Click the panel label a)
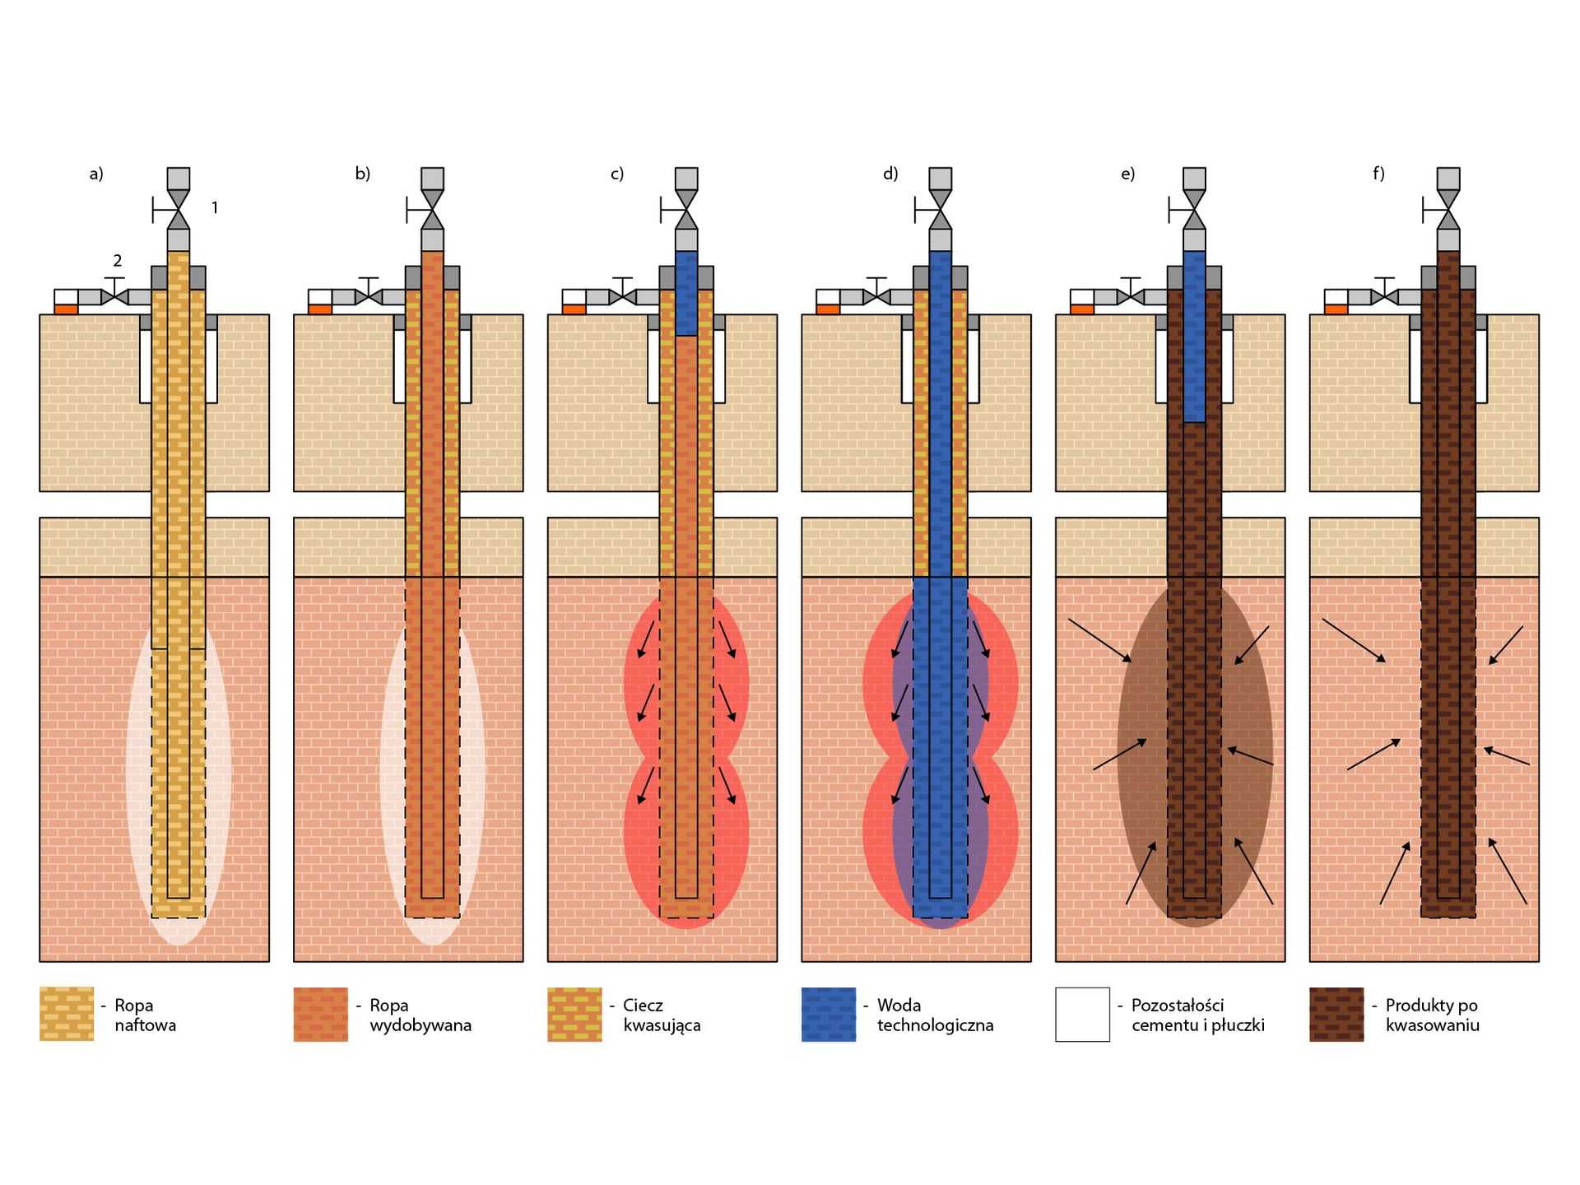click(x=96, y=174)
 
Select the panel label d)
click(x=890, y=174)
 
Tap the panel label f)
click(x=1378, y=174)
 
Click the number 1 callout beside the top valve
click(x=215, y=208)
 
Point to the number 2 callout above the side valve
click(x=118, y=261)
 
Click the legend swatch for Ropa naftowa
click(x=67, y=1014)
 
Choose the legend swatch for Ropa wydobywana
click(x=320, y=1014)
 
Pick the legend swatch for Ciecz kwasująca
click(x=574, y=1014)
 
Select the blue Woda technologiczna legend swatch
click(x=829, y=1014)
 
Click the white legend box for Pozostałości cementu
click(x=1082, y=1014)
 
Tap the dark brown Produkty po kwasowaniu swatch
click(x=1336, y=1014)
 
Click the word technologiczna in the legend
click(x=935, y=1025)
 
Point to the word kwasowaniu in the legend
click(x=1432, y=1025)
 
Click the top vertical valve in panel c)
click(x=686, y=210)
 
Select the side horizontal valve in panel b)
click(x=368, y=296)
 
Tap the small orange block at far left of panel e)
click(x=1082, y=309)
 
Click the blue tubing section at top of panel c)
click(x=686, y=293)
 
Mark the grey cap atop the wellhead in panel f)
click(x=1448, y=179)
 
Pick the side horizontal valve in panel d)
click(x=876, y=296)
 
